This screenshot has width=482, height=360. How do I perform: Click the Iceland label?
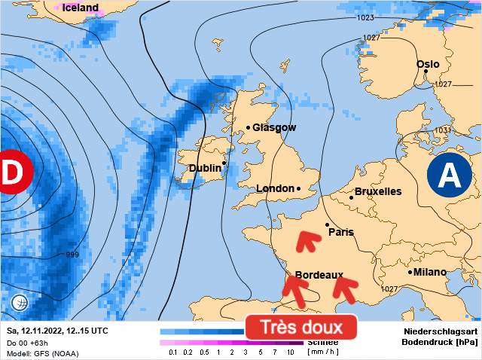point(80,8)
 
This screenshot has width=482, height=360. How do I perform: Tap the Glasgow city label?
point(274,128)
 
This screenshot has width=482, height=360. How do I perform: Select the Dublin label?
point(205,169)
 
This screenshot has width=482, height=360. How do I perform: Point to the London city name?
point(275,188)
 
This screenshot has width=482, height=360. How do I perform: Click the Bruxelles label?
point(377,192)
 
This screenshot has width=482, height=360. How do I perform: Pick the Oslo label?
point(428,65)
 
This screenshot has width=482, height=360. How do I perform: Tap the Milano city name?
point(429,272)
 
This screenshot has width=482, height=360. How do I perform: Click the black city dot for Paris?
point(327,224)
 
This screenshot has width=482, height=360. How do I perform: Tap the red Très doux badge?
point(300,328)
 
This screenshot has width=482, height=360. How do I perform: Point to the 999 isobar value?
point(72,255)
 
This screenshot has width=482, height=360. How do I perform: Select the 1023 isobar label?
point(365,17)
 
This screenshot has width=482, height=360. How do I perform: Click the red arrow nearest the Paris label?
point(306,241)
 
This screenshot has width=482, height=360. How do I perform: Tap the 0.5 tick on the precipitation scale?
point(203,352)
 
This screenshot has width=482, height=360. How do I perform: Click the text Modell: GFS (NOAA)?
point(42,352)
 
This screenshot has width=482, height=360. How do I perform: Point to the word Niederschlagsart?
point(441,331)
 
